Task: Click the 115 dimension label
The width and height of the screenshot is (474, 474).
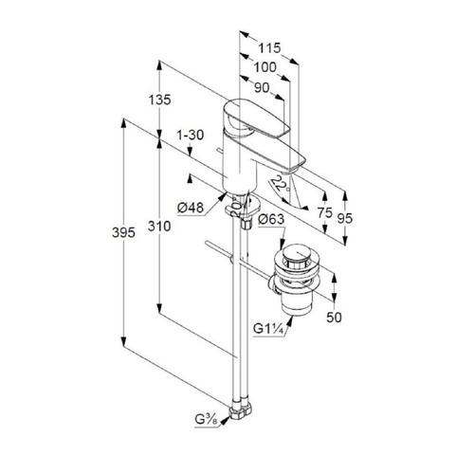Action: pyautogui.click(x=269, y=48)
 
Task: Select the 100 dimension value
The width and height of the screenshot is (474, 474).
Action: pyautogui.click(x=264, y=67)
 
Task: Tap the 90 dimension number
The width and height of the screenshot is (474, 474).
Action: pyautogui.click(x=262, y=88)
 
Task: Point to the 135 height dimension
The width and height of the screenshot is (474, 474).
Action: pyautogui.click(x=159, y=100)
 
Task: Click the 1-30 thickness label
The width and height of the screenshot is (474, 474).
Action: pyautogui.click(x=191, y=136)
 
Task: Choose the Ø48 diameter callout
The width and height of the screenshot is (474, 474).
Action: pyautogui.click(x=191, y=208)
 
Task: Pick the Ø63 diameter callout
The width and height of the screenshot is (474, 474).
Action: pyautogui.click(x=271, y=219)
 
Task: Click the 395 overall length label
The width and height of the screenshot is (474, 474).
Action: pyautogui.click(x=123, y=233)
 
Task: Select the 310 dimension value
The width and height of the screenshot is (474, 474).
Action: pyautogui.click(x=159, y=227)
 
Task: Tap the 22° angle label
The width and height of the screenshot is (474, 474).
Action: pyautogui.click(x=280, y=185)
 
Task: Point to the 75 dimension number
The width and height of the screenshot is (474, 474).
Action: pyautogui.click(x=325, y=212)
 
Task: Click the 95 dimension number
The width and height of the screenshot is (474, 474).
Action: pyautogui.click(x=344, y=218)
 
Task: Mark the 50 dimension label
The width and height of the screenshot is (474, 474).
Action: pyautogui.click(x=334, y=318)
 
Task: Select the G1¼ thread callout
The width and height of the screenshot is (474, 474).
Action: pyautogui.click(x=267, y=329)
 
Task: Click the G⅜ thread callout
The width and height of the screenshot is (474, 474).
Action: pyautogui.click(x=207, y=420)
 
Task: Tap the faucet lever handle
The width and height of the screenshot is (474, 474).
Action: pyautogui.click(x=256, y=118)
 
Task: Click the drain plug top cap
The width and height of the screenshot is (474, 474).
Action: pyautogui.click(x=297, y=253)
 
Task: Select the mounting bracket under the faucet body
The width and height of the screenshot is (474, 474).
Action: pyautogui.click(x=243, y=207)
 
